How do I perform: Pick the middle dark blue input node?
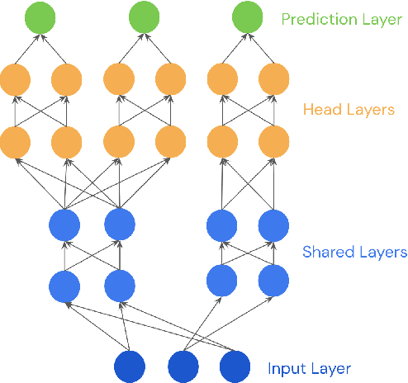pyautogui.click(x=183, y=366)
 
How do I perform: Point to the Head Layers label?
pyautogui.click(x=349, y=109)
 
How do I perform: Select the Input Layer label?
pyautogui.click(x=310, y=369)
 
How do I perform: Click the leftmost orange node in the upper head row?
pyautogui.click(x=15, y=80)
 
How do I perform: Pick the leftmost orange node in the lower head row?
pyautogui.click(x=15, y=141)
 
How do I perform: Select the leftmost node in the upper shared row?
pyautogui.click(x=64, y=224)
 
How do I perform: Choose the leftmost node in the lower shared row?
pyautogui.click(x=64, y=286)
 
